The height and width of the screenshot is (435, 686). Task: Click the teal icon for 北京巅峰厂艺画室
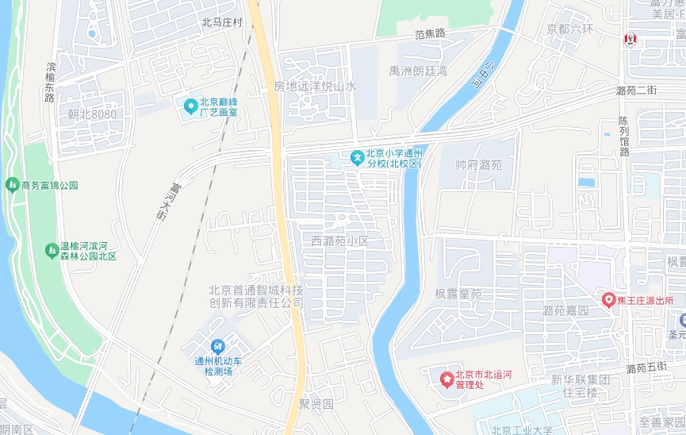tap(190, 106)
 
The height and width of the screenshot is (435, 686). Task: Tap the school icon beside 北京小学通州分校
tap(358, 156)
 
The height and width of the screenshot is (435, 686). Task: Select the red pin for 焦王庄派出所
tap(609, 300)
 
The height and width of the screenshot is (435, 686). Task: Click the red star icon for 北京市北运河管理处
tap(447, 379)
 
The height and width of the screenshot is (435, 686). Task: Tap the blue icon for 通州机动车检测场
tap(218, 346)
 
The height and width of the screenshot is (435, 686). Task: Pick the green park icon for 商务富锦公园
tap(12, 185)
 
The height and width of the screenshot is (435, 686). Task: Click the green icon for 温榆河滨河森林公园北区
tap(52, 250)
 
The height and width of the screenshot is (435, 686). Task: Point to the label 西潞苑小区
tap(340, 240)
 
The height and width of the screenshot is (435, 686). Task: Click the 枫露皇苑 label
tap(458, 294)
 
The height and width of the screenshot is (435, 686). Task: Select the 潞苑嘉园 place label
tap(566, 310)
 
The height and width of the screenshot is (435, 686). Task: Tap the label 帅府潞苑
tap(479, 165)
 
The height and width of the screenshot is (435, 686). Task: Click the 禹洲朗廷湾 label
tap(418, 71)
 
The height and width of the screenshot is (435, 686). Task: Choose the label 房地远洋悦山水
tap(315, 86)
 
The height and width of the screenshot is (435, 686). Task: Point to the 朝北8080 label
tap(92, 114)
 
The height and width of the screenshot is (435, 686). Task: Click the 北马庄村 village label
tap(222, 23)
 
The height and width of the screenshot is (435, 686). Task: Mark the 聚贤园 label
tap(316, 403)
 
